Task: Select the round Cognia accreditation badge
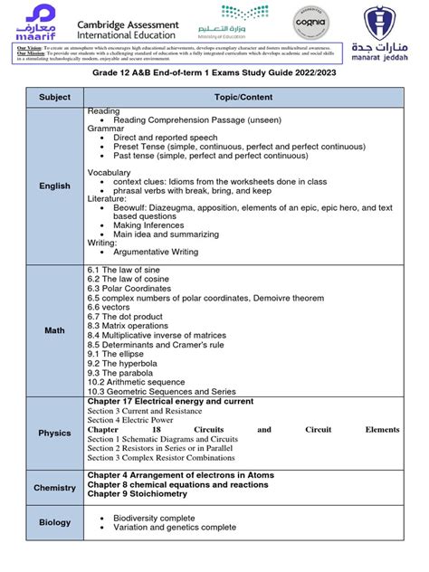pos(310,22)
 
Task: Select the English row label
pos(54,186)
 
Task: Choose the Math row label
pos(54,330)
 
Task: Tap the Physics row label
pos(54,433)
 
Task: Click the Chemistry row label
pos(54,488)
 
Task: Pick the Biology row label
pos(54,522)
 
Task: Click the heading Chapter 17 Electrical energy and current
pos(183,400)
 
